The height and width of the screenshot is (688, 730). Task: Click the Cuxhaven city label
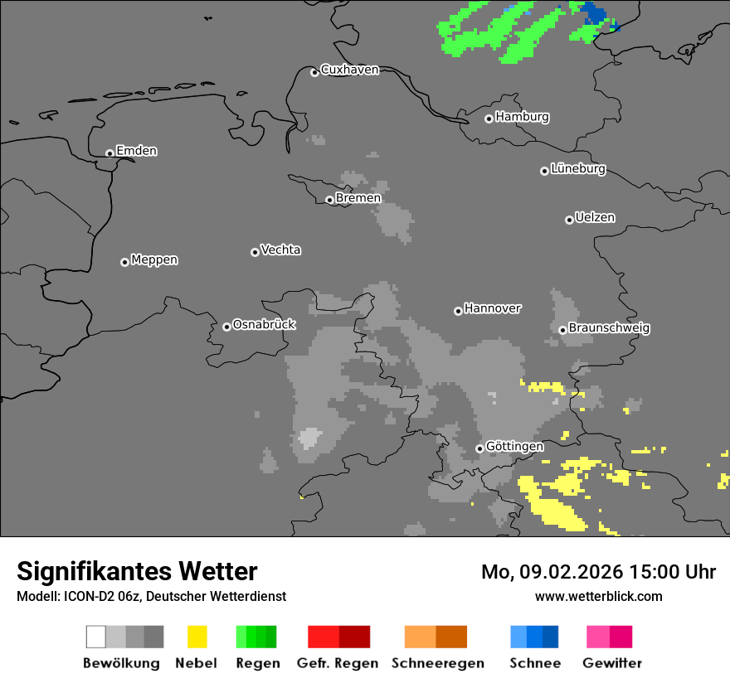pyautogui.click(x=349, y=70)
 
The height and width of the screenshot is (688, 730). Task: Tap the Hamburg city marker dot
pyautogui.click(x=489, y=119)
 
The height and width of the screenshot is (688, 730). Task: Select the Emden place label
pyautogui.click(x=136, y=151)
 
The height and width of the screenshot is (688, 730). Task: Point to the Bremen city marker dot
pyautogui.click(x=329, y=200)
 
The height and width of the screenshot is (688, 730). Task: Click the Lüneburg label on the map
pyautogui.click(x=577, y=169)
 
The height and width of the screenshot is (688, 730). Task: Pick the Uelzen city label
pyautogui.click(x=595, y=218)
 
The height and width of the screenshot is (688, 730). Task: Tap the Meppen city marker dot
pyautogui.click(x=124, y=262)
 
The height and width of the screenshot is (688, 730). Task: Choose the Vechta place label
pyautogui.click(x=280, y=250)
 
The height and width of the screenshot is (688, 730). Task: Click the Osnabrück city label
pyautogui.click(x=264, y=325)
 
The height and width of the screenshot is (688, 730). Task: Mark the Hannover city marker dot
pyautogui.click(x=458, y=311)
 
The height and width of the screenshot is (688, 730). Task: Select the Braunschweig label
pyautogui.click(x=609, y=328)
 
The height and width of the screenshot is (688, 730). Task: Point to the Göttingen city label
pyautogui.click(x=514, y=447)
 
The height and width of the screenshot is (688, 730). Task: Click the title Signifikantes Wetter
pyautogui.click(x=137, y=571)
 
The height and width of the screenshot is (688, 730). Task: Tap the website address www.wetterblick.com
pyautogui.click(x=598, y=596)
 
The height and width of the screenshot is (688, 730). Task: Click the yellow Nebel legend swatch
pyautogui.click(x=197, y=637)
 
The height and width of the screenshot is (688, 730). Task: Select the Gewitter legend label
pyautogui.click(x=612, y=663)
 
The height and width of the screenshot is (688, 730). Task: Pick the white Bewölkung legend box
pyautogui.click(x=96, y=637)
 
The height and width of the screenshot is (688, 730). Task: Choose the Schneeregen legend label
pyautogui.click(x=437, y=663)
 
